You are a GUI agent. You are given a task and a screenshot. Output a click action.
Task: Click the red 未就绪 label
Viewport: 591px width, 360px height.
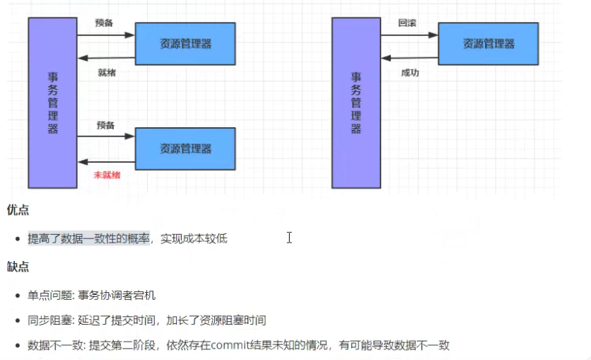107,175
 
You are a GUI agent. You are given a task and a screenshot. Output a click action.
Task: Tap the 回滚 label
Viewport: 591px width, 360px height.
407,23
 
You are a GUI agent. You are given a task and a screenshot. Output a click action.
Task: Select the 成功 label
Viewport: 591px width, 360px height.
409,73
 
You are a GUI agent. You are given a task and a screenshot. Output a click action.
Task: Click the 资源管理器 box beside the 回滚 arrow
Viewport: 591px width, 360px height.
488,43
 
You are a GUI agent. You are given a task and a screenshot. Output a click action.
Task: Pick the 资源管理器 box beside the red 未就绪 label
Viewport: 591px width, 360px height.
185,149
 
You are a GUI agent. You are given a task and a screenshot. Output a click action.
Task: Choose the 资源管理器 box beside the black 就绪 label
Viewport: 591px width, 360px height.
185,43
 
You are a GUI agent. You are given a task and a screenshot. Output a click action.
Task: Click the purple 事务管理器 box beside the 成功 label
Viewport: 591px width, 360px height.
356,103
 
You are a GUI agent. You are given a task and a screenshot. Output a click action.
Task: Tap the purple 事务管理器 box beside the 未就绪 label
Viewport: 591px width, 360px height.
53,103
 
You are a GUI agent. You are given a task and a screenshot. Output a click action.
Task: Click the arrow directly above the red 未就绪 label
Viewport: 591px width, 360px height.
107,161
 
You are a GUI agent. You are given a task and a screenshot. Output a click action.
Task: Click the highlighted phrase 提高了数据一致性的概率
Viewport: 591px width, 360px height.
89,239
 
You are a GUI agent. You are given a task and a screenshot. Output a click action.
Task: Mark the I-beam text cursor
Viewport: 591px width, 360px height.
289,238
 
